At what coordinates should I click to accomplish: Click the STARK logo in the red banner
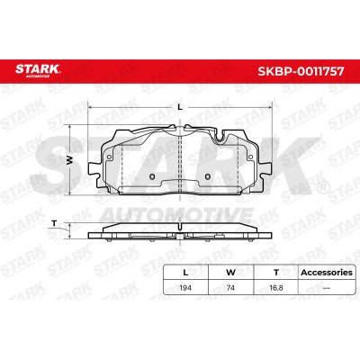click(38, 70)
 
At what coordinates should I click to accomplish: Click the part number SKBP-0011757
click(301, 71)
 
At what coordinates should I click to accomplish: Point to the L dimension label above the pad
click(180, 107)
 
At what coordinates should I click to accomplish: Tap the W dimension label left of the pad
click(69, 160)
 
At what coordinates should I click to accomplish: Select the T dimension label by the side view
click(54, 223)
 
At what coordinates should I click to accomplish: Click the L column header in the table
click(185, 273)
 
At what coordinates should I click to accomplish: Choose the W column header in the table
click(230, 273)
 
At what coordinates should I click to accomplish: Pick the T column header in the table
click(276, 273)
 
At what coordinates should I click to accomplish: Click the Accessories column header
click(327, 273)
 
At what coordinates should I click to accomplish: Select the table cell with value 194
click(185, 288)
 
